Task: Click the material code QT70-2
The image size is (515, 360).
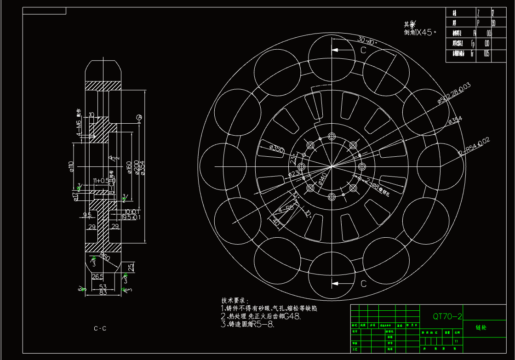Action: coord(447,316)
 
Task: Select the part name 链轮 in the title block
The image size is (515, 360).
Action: coord(482,328)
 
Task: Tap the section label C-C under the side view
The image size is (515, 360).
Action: coord(100,328)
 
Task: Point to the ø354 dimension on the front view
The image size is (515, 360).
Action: coord(455,120)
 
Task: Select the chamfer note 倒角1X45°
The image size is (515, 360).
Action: coord(420,32)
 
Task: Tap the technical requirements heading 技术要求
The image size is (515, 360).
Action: coord(235,300)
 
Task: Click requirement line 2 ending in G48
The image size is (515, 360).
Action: coord(261,316)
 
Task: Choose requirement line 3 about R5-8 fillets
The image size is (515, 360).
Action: coord(247,325)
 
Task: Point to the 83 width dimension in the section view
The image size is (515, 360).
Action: coord(103,292)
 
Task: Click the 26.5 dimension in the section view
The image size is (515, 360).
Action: coord(97,276)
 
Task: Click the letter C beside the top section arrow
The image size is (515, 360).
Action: coord(363,51)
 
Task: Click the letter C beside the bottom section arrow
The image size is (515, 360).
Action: coord(363,284)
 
